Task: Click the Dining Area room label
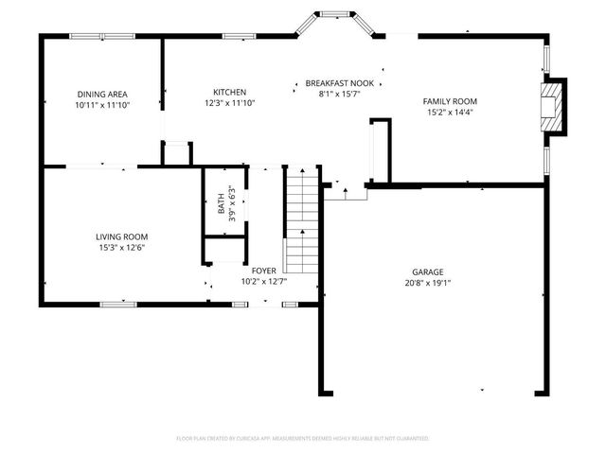pos(101,94)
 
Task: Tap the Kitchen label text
pos(229,92)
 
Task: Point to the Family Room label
pos(450,101)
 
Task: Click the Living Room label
pos(121,236)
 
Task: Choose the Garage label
pos(428,271)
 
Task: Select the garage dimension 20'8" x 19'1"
pos(428,282)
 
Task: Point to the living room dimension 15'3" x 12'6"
pos(121,248)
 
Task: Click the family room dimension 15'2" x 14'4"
pos(450,113)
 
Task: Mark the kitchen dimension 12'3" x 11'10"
pos(229,103)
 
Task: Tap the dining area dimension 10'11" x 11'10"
pos(101,105)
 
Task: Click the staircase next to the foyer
pos(301,218)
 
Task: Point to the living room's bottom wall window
pos(117,305)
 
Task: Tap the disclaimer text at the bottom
pos(303,439)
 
